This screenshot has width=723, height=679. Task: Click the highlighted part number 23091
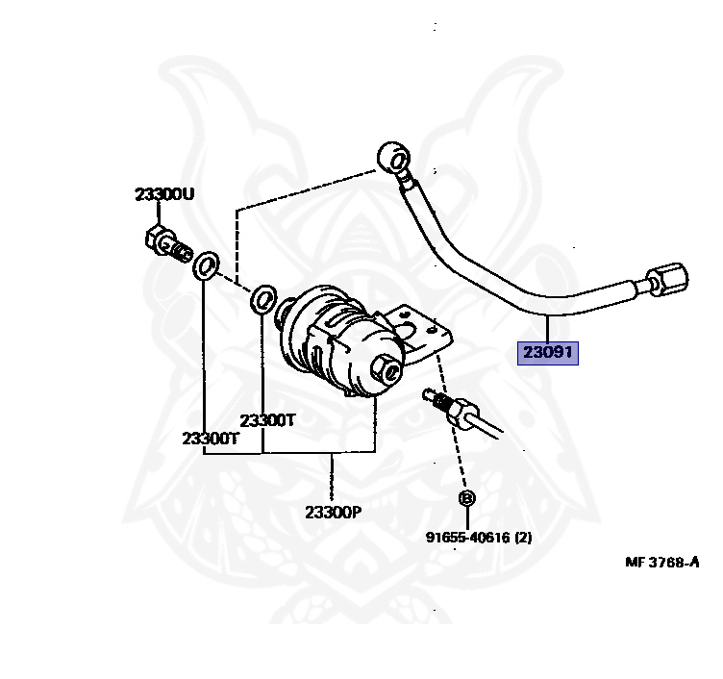coord(548,353)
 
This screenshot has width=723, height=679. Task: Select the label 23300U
coord(164,194)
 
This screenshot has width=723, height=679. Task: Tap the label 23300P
coord(334,512)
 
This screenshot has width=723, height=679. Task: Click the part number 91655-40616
coord(467,538)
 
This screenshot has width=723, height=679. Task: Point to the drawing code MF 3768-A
coord(662,563)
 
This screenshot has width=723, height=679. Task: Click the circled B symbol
coord(466,498)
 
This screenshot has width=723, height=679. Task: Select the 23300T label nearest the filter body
coord(267,420)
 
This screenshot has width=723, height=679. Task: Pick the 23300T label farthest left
coord(211,439)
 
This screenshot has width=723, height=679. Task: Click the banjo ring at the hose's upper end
coord(393,158)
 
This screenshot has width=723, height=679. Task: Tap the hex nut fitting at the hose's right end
coord(667,279)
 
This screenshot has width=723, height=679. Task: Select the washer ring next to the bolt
coord(206,266)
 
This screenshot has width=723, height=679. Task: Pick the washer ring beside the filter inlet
coord(263,300)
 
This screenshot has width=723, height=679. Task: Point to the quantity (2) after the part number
coord(523,538)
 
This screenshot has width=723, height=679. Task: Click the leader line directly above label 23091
coord(547,328)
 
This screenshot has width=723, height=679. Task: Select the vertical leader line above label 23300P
coord(331,478)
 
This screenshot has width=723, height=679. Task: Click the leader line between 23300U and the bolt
coord(158,214)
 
